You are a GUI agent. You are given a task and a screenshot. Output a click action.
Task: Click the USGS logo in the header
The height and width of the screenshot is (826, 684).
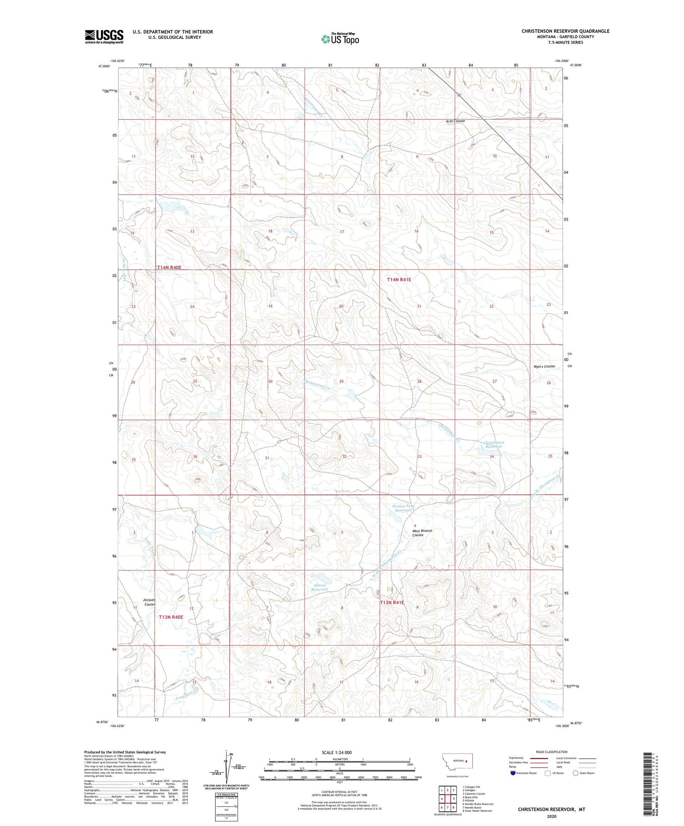pyautogui.click(x=104, y=36)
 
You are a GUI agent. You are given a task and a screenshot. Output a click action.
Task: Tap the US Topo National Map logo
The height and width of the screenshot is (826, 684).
pyautogui.click(x=340, y=39)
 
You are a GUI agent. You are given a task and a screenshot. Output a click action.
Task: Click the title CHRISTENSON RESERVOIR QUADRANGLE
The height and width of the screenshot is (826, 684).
pyautogui.click(x=565, y=31)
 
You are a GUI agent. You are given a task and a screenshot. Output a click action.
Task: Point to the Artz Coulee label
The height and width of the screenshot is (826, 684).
pyautogui.click(x=455, y=121)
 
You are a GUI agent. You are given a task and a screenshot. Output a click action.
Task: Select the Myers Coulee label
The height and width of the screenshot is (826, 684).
pyautogui.click(x=544, y=366)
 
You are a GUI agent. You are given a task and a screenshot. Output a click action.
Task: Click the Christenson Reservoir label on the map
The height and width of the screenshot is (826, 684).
pyautogui.click(x=493, y=444)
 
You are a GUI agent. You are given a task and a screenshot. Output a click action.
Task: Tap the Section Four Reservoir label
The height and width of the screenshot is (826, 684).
pyautogui.click(x=402, y=508)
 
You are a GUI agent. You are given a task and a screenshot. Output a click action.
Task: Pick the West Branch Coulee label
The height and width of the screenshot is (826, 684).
pyautogui.click(x=422, y=533)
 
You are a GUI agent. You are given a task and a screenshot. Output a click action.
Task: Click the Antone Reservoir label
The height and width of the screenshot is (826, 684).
pyautogui.click(x=320, y=587)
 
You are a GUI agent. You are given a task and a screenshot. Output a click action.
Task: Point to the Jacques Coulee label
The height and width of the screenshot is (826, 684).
pyautogui.click(x=149, y=602)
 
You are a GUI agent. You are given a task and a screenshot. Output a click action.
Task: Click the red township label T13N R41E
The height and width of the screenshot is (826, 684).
pyautogui.click(x=392, y=602)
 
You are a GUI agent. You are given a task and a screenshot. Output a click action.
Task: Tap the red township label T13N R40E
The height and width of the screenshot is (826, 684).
pyautogui.click(x=171, y=617)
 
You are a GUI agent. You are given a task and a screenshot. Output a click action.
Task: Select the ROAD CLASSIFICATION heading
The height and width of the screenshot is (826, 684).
pyautogui.click(x=551, y=752)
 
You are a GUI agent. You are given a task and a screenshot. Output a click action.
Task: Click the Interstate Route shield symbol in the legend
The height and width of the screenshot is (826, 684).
pyautogui.click(x=513, y=773)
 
